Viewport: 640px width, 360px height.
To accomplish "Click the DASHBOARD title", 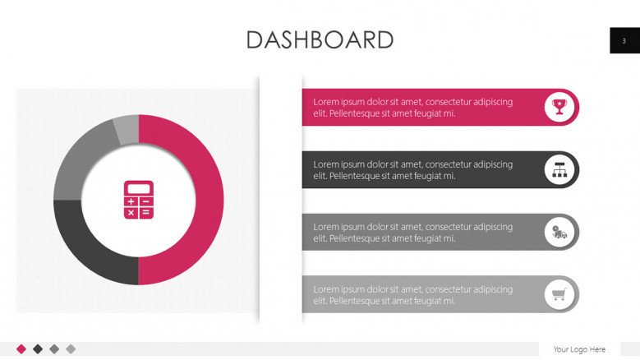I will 320,39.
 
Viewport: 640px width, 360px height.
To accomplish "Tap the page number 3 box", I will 624,40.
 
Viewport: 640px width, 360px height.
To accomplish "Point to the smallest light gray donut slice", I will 127,129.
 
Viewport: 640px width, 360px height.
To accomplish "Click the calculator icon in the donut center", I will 138,200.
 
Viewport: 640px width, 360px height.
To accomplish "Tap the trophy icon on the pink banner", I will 559,107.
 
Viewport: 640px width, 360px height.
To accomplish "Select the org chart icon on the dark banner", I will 559,169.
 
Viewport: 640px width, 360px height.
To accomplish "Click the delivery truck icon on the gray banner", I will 559,232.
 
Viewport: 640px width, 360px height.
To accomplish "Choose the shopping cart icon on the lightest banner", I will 559,294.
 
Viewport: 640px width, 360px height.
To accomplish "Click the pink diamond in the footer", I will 21,348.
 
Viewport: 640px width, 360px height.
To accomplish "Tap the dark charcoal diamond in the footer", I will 38,348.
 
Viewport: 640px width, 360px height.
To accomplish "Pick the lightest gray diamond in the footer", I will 71,348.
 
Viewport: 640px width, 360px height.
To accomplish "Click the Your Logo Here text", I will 579,349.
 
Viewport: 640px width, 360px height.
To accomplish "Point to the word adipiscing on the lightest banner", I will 494,289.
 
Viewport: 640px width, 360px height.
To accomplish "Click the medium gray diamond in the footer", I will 54,348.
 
